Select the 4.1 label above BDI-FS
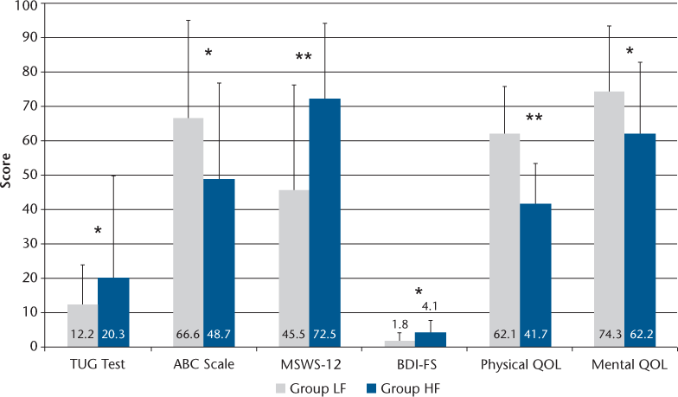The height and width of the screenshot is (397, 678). tap(430, 304)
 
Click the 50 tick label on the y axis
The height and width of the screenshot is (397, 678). tap(31, 176)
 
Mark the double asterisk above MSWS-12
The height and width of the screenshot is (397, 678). tap(303, 58)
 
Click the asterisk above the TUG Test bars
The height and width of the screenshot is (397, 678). tap(97, 232)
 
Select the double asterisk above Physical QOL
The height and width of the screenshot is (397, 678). tap(534, 116)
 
